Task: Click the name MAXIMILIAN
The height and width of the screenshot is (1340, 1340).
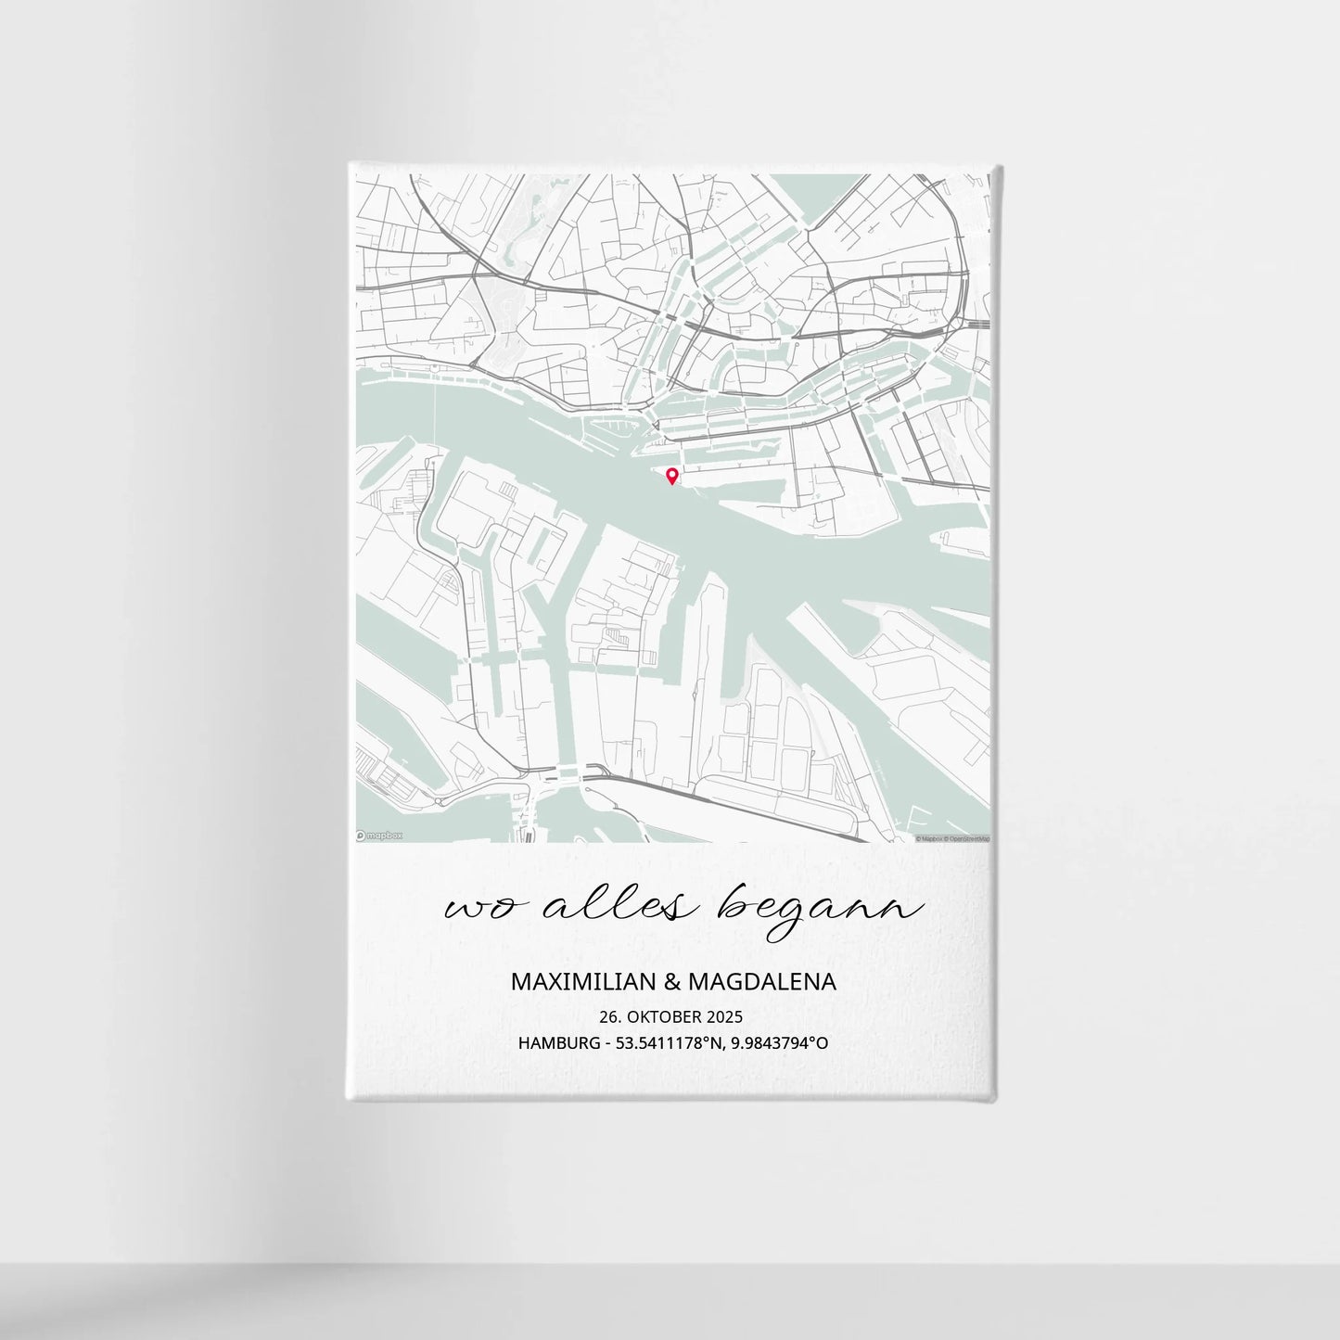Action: tap(581, 981)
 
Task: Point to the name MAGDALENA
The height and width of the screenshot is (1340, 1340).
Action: tap(760, 981)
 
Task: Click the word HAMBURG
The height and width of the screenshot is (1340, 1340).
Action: tap(559, 1043)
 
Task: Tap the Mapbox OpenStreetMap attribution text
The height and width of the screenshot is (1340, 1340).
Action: tap(952, 838)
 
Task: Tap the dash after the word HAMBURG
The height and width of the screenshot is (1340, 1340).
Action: tap(608, 1044)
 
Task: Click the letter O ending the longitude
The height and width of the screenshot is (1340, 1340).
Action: tap(822, 1043)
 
